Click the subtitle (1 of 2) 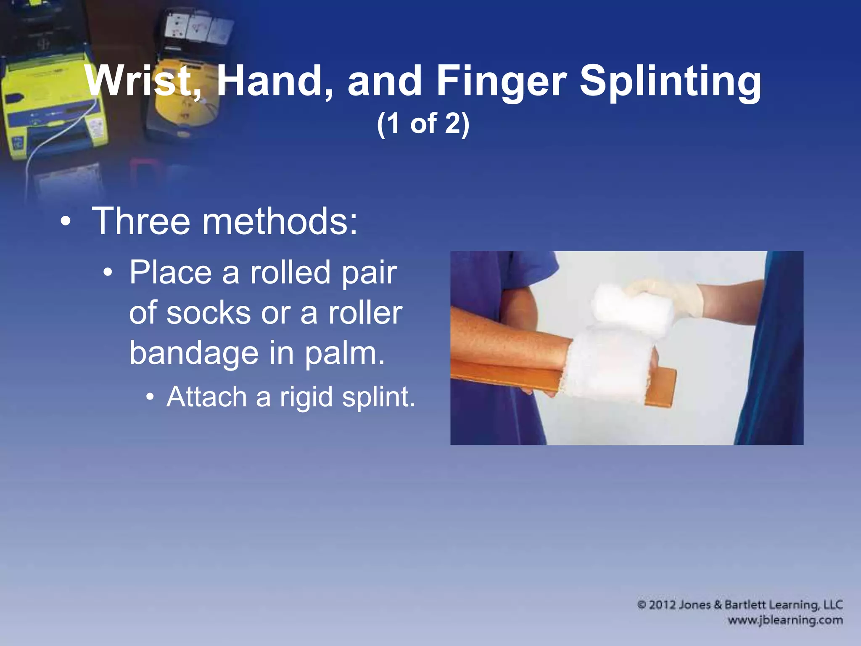tap(423, 124)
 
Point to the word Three tap(141, 221)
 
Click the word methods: tap(280, 221)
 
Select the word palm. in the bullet tap(345, 353)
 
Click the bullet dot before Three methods tap(65, 222)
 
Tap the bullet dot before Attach tap(150, 398)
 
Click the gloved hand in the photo tap(668, 297)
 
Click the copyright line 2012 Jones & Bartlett tap(740, 605)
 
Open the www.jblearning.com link tap(785, 620)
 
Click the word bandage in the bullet tap(193, 353)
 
